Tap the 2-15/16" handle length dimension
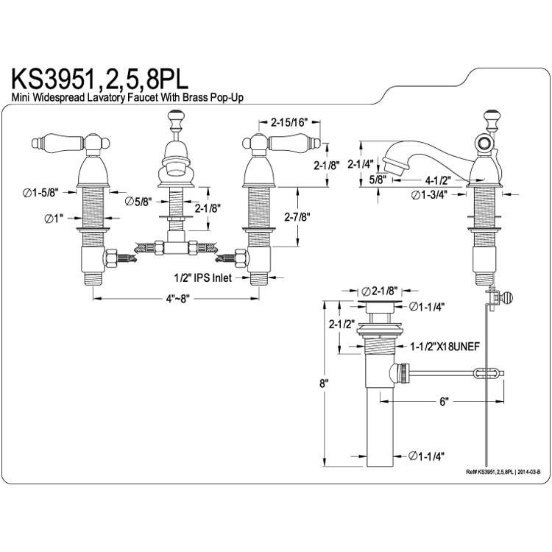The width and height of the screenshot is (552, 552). (x=289, y=122)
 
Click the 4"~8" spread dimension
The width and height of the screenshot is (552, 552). (x=178, y=299)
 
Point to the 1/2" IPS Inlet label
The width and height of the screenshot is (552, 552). (x=203, y=278)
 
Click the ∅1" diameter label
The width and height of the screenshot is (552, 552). (x=54, y=219)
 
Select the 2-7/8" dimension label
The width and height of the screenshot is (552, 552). (x=297, y=217)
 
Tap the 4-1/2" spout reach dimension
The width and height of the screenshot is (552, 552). (x=438, y=180)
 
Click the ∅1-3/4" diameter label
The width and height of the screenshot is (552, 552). (x=429, y=194)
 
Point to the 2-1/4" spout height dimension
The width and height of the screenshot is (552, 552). (x=361, y=163)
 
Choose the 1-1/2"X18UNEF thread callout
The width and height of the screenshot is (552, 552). (x=445, y=347)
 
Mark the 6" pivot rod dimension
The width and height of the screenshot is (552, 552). (x=444, y=401)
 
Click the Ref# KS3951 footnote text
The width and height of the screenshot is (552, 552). (x=503, y=472)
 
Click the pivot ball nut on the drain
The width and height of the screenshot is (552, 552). (x=400, y=373)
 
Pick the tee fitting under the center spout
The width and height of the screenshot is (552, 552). (x=176, y=244)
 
